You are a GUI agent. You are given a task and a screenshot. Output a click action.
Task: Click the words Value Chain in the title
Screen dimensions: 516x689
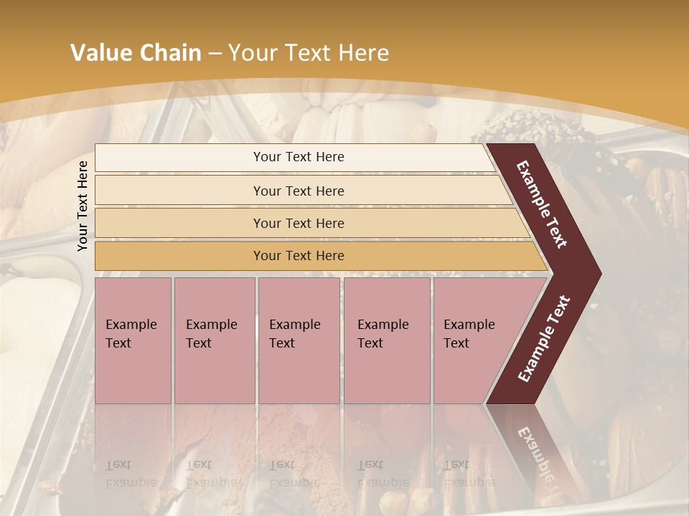point(136,53)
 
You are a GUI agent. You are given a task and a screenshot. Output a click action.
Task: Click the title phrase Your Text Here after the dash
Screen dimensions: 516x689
point(309,53)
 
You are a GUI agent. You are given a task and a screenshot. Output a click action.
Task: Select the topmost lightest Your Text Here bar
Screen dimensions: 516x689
point(299,157)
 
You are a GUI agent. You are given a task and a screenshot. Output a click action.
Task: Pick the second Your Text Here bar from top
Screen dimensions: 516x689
point(299,191)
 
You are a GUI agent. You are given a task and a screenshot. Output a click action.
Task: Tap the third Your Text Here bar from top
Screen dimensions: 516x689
point(299,223)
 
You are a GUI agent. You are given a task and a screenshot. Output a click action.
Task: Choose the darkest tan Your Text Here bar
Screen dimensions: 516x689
point(299,256)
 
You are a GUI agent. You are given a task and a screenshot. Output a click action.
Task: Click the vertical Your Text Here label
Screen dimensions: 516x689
point(83,206)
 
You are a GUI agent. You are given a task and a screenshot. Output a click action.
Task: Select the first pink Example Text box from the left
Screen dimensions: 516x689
point(133,340)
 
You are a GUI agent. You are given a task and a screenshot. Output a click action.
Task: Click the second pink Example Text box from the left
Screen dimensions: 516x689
point(214,340)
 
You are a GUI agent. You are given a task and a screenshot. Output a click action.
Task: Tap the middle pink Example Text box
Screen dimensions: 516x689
point(299,340)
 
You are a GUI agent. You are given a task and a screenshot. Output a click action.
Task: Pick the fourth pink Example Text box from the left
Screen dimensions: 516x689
point(387,340)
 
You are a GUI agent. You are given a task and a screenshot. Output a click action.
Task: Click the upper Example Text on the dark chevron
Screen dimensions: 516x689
point(542,204)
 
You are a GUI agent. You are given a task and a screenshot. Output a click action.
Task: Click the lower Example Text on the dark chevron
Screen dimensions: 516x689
point(544,339)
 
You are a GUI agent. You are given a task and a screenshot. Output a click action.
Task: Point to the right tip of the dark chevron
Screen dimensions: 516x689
point(599,274)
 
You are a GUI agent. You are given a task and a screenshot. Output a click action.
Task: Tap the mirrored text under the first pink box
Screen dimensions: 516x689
point(131,473)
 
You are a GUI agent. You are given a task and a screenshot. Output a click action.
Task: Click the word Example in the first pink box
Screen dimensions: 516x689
point(131,325)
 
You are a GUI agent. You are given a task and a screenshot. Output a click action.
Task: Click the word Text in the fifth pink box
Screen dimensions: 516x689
point(456,343)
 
